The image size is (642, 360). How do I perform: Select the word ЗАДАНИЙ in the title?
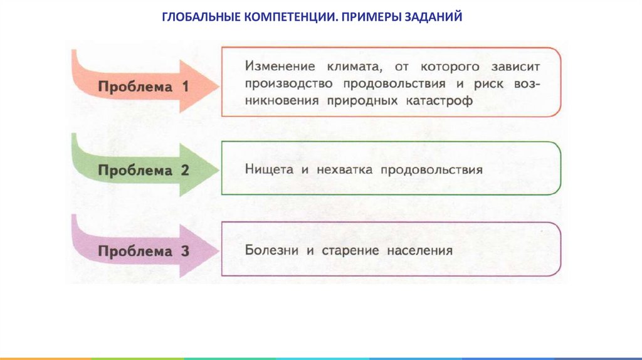pyautogui.click(x=435, y=18)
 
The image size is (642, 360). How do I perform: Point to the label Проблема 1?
pyautogui.click(x=144, y=87)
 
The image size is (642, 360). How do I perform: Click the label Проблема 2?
pyautogui.click(x=144, y=170)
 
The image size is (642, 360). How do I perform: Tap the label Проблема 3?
pyautogui.click(x=144, y=251)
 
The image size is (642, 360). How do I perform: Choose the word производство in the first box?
pyautogui.click(x=285, y=83)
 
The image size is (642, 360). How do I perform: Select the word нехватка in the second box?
pyautogui.click(x=337, y=169)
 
